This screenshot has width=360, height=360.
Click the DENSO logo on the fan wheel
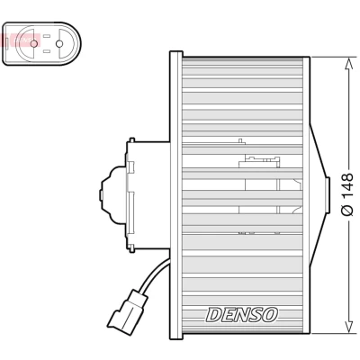click(242, 315)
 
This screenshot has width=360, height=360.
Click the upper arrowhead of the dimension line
click(348, 65)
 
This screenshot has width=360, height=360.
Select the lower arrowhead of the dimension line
click(348, 326)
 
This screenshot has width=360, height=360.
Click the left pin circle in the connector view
click(34, 44)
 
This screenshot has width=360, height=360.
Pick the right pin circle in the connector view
click(59, 44)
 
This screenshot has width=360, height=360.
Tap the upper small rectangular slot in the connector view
click(46, 36)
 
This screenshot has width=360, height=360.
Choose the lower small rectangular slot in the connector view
click(46, 51)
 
